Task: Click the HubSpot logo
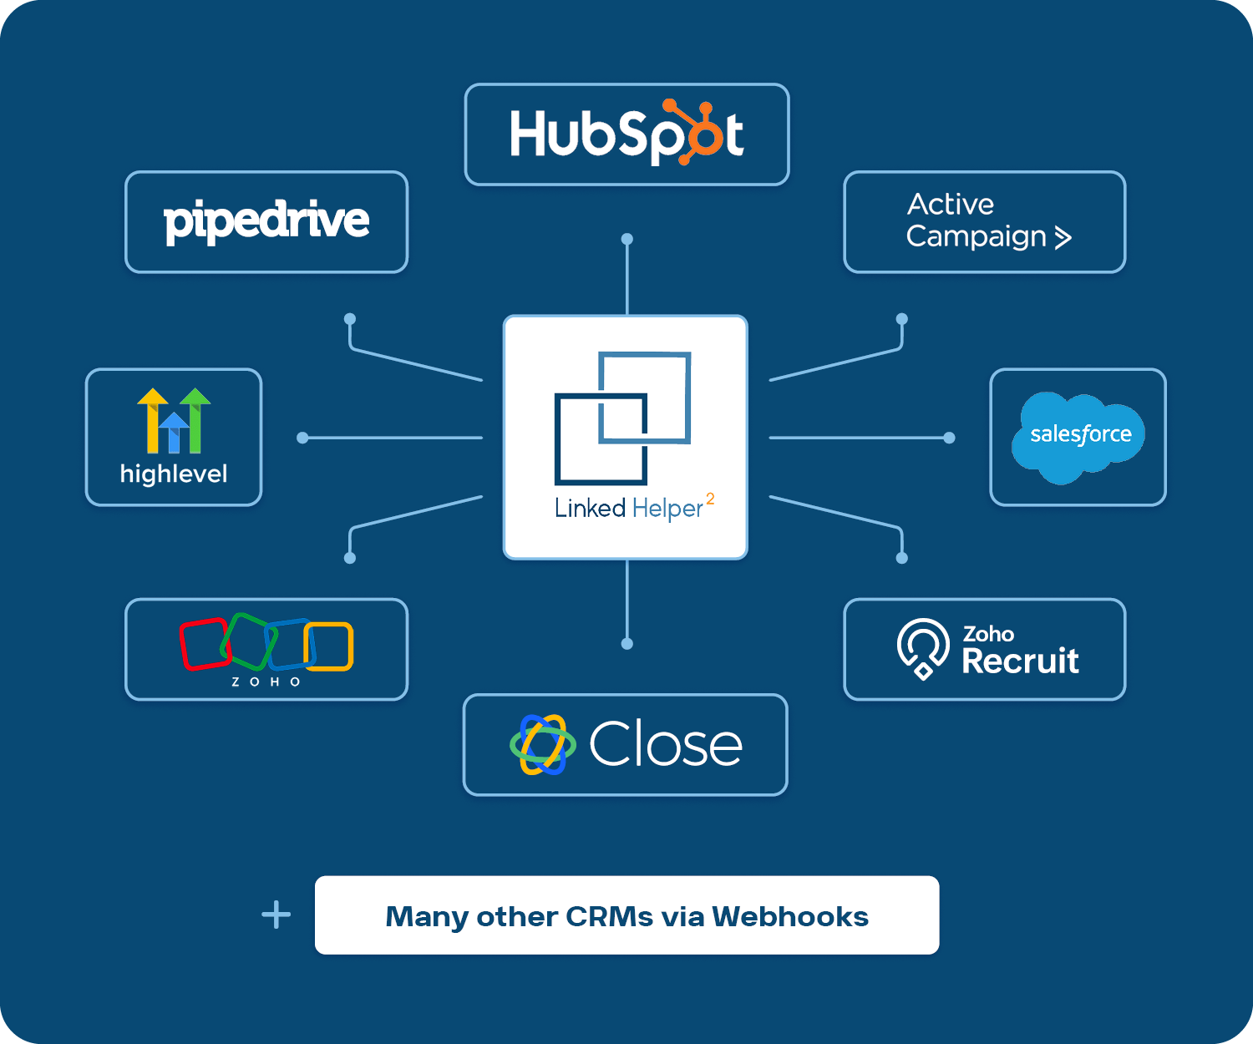tap(626, 134)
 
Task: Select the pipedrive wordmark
tap(266, 221)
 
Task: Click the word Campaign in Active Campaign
tap(976, 237)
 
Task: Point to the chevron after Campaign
tap(1063, 238)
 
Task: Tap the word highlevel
tap(174, 474)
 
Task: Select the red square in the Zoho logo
tap(204, 644)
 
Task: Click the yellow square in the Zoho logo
tap(330, 646)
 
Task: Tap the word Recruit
tap(1020, 661)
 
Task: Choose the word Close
tap(666, 745)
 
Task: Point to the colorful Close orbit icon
tap(543, 744)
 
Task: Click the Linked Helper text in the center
tap(628, 508)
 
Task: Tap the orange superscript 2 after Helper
tap(710, 499)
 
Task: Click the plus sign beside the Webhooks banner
tap(276, 915)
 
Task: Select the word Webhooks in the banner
tap(790, 916)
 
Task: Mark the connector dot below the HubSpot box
tap(627, 239)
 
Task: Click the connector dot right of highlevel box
tap(302, 438)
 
